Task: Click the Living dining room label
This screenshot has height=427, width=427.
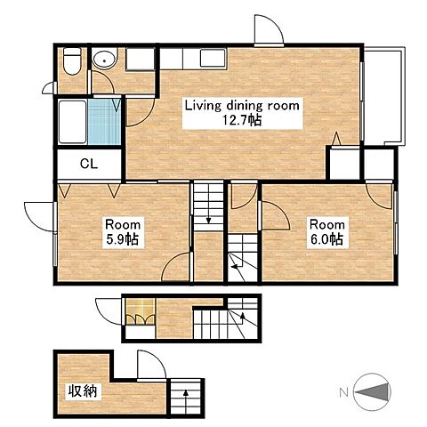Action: click(x=242, y=106)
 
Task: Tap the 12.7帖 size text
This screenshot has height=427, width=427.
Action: click(x=242, y=120)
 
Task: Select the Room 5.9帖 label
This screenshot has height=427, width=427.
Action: click(x=123, y=232)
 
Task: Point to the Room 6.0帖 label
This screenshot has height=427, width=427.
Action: click(x=327, y=232)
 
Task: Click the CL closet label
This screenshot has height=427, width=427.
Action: click(x=89, y=164)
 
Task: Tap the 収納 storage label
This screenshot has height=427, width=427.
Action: click(x=83, y=391)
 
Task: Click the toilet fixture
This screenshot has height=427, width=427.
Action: click(x=72, y=61)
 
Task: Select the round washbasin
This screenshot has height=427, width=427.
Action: click(x=104, y=60)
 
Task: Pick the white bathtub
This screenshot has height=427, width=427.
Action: click(x=72, y=122)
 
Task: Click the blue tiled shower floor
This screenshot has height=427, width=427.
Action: click(x=104, y=122)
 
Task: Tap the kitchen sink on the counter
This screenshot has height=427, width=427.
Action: click(x=213, y=58)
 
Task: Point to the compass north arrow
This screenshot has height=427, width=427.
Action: click(x=372, y=392)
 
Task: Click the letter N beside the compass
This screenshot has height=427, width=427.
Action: click(x=343, y=393)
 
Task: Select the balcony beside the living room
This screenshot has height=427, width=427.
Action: click(x=383, y=96)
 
